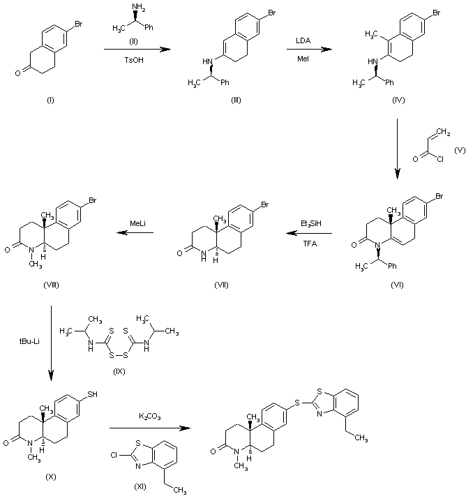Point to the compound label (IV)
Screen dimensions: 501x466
pos(398,101)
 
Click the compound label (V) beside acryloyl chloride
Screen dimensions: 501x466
pos(458,150)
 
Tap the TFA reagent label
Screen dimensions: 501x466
pos(307,244)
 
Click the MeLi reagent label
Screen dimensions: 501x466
pos(137,223)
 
